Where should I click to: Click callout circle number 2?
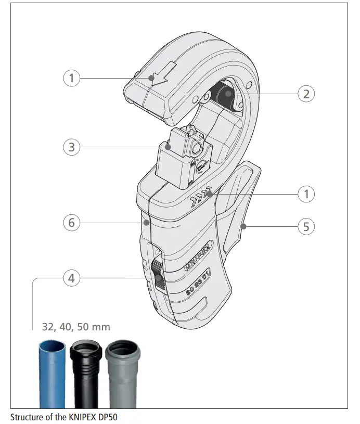point(306,94)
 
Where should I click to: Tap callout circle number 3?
point(71,147)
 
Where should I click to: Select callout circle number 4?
point(71,278)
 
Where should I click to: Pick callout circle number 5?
point(306,226)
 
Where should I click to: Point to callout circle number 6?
point(71,223)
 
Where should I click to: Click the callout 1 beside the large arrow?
point(71,78)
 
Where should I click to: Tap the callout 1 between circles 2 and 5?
point(306,194)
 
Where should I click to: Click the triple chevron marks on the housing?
point(201,197)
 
